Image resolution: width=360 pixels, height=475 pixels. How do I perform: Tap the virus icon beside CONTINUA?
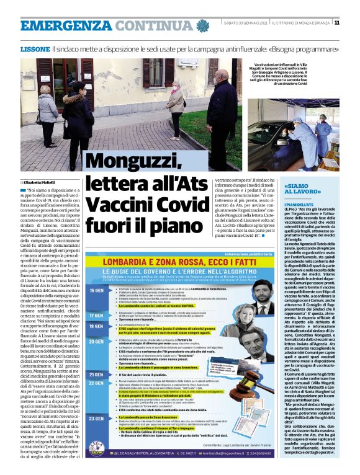pyautogui.click(x=203, y=25)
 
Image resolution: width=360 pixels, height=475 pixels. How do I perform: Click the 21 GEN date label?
pyautogui.click(x=96, y=374)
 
